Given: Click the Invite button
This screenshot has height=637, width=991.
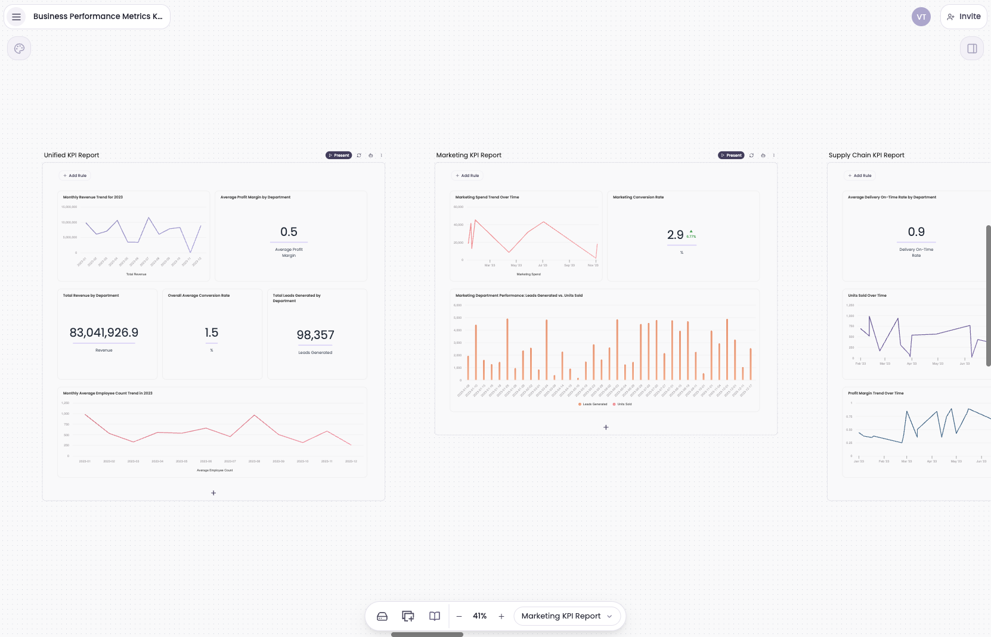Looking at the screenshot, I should [964, 17].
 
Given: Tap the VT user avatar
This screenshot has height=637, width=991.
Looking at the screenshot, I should [921, 17].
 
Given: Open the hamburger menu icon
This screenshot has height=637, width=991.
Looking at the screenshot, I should [17, 17].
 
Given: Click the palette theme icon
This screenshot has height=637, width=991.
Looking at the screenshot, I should [19, 49].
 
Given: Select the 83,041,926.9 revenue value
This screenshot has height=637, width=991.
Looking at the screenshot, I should [104, 333].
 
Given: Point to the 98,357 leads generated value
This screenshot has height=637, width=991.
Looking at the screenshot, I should [315, 335].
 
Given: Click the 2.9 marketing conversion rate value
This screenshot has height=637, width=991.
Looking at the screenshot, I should [676, 235].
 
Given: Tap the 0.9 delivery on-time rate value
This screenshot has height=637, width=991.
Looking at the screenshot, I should [916, 232].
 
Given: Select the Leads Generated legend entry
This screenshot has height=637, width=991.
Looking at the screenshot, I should [593, 404].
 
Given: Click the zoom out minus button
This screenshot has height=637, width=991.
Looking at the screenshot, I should [459, 616].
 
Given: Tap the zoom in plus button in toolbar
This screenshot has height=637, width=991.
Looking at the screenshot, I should [501, 616].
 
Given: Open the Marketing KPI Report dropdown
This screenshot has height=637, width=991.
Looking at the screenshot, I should [566, 616].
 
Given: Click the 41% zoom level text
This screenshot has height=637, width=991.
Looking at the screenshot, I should [480, 616].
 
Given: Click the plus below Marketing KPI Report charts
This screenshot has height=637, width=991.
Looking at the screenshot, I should [606, 427].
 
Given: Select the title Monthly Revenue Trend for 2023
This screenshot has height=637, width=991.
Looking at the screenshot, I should [93, 197].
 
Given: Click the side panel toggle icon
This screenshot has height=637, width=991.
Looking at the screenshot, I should [972, 49].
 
